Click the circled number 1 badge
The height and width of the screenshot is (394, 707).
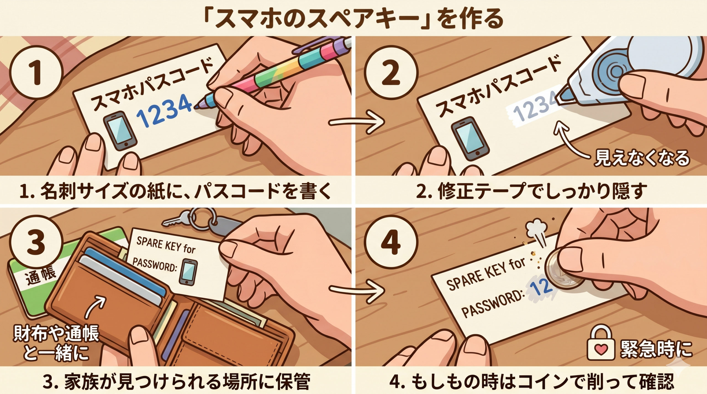(36, 73)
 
